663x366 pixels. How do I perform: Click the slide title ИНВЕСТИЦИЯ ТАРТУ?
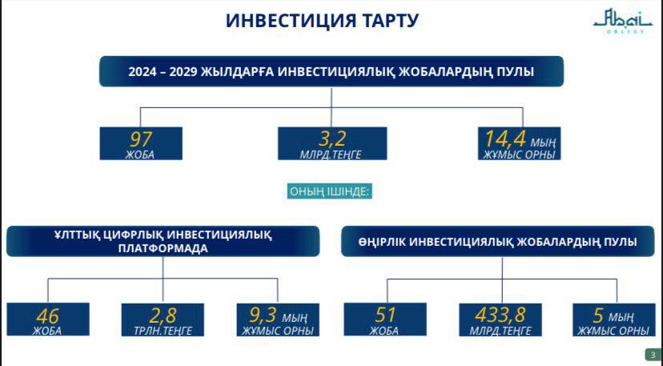[x=322, y=20]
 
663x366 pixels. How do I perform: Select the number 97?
[x=141, y=139]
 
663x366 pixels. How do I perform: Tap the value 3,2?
[x=332, y=139]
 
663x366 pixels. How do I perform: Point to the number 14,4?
[x=505, y=139]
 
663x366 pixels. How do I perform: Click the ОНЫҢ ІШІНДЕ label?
[x=330, y=191]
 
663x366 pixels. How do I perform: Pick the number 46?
[x=48, y=316]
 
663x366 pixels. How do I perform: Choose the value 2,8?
[x=163, y=316]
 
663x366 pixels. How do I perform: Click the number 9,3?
[x=263, y=315]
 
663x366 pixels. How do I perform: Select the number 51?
[x=384, y=315]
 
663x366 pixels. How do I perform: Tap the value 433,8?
[x=500, y=316]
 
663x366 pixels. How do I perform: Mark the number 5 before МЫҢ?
[x=598, y=316]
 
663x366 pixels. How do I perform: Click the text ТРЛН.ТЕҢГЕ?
[x=163, y=331]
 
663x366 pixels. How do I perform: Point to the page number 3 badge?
[x=653, y=355]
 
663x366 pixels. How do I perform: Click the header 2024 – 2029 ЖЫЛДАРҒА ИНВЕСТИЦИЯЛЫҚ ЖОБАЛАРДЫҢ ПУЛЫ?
[x=331, y=71]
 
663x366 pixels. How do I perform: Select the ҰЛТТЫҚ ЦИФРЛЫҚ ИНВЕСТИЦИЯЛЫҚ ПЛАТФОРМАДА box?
[x=163, y=241]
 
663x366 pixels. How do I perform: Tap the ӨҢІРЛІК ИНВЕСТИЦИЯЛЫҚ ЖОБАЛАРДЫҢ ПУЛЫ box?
[x=498, y=241]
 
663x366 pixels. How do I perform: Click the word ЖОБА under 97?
[x=140, y=155]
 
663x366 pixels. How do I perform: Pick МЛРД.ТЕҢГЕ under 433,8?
[x=500, y=331]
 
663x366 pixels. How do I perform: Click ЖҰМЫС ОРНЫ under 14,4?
[x=520, y=155]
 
